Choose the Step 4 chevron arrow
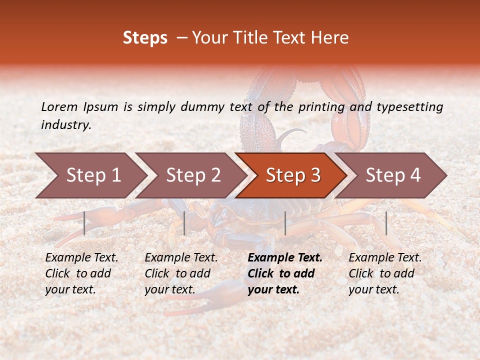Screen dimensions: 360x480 point(392,175)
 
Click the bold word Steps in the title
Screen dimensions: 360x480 point(145,38)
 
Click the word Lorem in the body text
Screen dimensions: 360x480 point(59,106)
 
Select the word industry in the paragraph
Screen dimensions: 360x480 point(66,125)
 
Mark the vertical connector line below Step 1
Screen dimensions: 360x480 point(84,223)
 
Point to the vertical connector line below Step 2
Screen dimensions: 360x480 point(184,223)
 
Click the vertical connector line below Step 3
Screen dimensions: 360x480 point(285,223)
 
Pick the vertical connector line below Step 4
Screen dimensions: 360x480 point(386,223)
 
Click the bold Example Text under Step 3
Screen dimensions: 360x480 point(285,258)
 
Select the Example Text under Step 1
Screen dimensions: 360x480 point(81,258)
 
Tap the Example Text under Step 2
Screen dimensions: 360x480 point(181,258)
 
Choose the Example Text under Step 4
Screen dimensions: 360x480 point(385,258)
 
